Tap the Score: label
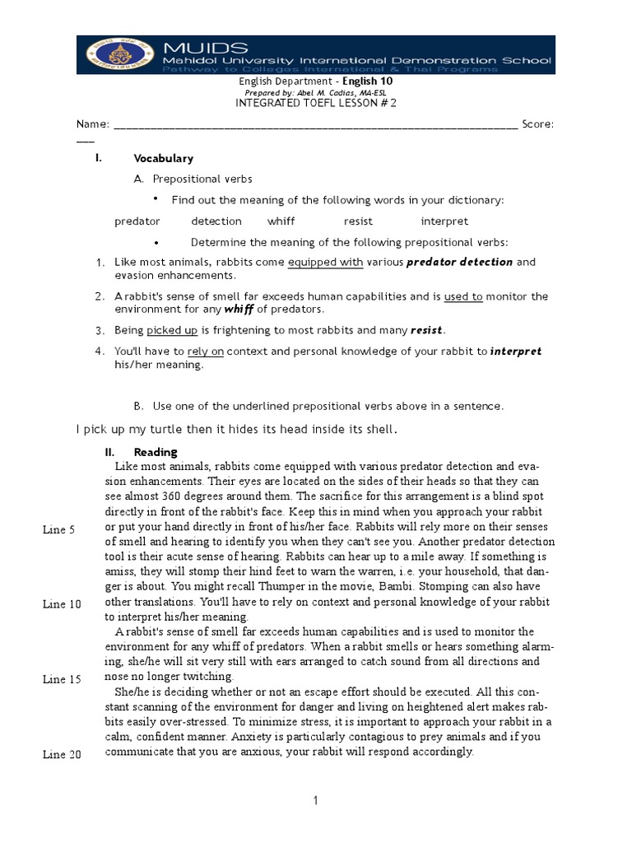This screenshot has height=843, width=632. pyautogui.click(x=538, y=124)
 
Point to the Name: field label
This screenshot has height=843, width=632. pyautogui.click(x=92, y=124)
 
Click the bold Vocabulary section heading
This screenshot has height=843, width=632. pyautogui.click(x=163, y=158)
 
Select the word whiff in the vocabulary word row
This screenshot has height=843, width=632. pyautogui.click(x=281, y=221)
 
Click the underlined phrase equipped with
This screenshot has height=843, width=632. pyautogui.click(x=325, y=263)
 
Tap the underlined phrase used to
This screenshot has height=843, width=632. pyautogui.click(x=463, y=296)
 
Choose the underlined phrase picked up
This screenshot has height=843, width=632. pyautogui.click(x=172, y=330)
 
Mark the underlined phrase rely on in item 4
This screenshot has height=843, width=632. pyautogui.click(x=206, y=352)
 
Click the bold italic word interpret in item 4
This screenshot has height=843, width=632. pyautogui.click(x=515, y=352)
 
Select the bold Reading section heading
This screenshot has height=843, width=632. pyautogui.click(x=156, y=452)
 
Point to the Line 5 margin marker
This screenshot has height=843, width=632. pyautogui.click(x=59, y=530)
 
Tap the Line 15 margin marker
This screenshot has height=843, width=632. pyautogui.click(x=62, y=679)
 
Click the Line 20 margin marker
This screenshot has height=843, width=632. pyautogui.click(x=62, y=755)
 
